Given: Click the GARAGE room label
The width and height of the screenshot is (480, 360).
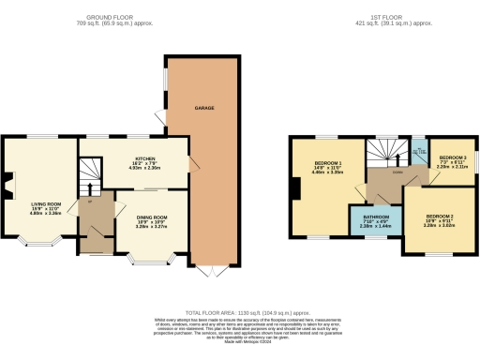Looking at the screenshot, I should click(x=205, y=109).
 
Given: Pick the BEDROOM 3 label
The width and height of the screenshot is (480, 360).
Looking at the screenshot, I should click(x=453, y=157).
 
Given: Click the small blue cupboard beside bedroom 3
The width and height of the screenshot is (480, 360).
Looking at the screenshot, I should click(x=418, y=148).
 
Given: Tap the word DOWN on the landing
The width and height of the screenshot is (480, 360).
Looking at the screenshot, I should click(x=397, y=171).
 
